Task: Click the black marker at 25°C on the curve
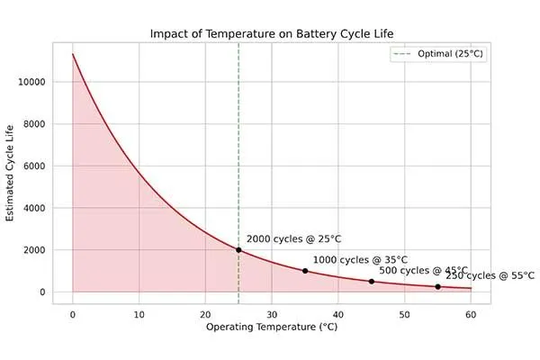[238, 250]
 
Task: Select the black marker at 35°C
[305, 271]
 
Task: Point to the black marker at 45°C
[372, 282]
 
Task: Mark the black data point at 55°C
[438, 287]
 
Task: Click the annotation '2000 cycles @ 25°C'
[293, 239]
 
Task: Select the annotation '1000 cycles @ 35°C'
[360, 259]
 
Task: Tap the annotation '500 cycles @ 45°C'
[423, 270]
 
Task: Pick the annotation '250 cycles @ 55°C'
[490, 275]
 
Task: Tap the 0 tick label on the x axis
[73, 314]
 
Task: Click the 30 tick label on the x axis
[272, 314]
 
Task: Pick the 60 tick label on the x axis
[471, 314]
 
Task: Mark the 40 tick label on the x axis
[338, 314]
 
